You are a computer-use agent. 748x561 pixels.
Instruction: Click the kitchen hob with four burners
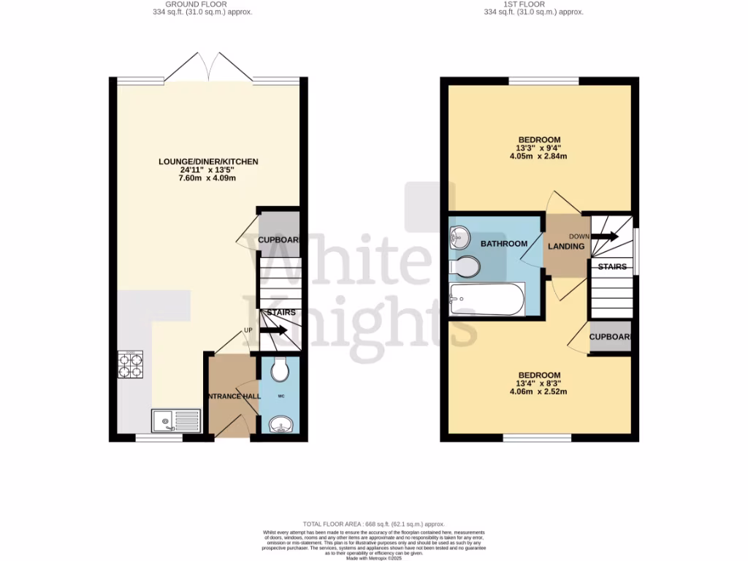click(131, 365)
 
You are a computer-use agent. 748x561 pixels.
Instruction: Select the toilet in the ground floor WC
click(279, 372)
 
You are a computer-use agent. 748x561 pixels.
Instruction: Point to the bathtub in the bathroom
click(486, 297)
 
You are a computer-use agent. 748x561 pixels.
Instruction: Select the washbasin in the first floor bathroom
click(460, 237)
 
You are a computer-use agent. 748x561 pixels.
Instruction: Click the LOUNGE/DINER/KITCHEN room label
click(208, 161)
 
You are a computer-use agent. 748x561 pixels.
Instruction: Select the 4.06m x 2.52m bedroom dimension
click(539, 391)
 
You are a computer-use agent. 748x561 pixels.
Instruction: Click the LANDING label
click(567, 246)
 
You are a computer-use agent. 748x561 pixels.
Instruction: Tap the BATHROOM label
click(503, 243)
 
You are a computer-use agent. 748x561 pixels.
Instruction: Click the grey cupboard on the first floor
click(610, 337)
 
